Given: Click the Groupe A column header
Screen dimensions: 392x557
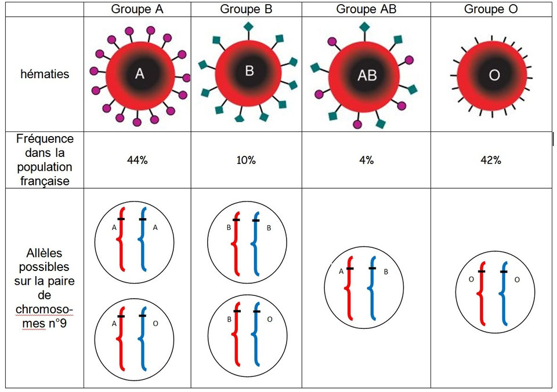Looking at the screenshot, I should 137,9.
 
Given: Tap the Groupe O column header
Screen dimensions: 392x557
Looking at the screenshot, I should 491,9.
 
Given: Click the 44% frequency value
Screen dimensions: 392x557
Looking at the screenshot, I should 137,160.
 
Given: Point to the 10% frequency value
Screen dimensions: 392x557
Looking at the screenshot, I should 246,160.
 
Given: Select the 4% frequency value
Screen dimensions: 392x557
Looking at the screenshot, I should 366,160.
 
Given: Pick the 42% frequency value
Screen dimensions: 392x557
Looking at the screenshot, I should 491,160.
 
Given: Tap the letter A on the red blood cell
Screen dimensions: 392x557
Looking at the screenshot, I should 139,74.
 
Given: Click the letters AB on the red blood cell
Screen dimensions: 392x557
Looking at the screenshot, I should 367,75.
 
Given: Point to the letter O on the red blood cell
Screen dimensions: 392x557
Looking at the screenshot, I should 494,76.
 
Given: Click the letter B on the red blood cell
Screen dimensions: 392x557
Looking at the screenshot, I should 249,71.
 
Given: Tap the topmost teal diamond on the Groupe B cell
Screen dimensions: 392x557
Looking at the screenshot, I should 248,26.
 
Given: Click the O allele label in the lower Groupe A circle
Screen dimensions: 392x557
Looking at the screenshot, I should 155,323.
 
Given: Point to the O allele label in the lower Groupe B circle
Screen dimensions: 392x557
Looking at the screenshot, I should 269,319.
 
